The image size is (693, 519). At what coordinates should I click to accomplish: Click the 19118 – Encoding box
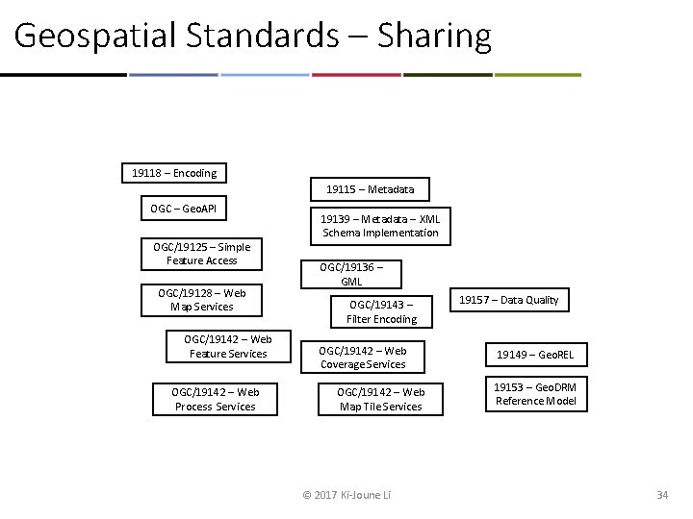pyautogui.click(x=174, y=173)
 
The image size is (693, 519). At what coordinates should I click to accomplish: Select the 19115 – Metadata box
pyautogui.click(x=370, y=189)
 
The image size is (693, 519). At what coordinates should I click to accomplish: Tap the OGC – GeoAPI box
pyautogui.click(x=184, y=209)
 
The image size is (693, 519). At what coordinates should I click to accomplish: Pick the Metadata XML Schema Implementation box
pyautogui.click(x=380, y=226)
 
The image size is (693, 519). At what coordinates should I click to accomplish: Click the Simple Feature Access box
pyautogui.click(x=201, y=254)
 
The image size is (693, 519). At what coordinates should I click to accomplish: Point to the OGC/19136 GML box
pyautogui.click(x=350, y=275)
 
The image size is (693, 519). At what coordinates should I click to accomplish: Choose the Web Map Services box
pyautogui.click(x=201, y=300)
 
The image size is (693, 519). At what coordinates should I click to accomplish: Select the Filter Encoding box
pyautogui.click(x=382, y=311)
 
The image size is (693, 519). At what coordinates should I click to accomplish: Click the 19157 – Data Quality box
pyautogui.click(x=508, y=300)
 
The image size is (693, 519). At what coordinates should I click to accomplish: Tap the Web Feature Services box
pyautogui.click(x=227, y=346)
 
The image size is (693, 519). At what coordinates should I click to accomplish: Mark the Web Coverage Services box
pyautogui.click(x=363, y=358)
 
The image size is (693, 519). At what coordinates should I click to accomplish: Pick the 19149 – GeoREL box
pyautogui.click(x=534, y=355)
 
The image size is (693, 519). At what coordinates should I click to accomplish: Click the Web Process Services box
pyautogui.click(x=215, y=399)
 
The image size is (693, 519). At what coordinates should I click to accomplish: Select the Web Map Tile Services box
pyautogui.click(x=380, y=399)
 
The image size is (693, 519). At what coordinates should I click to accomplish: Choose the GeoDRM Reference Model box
pyautogui.click(x=535, y=394)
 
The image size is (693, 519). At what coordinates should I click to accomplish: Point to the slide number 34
pyautogui.click(x=661, y=495)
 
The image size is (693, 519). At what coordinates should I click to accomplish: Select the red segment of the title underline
pyautogui.click(x=356, y=74)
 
